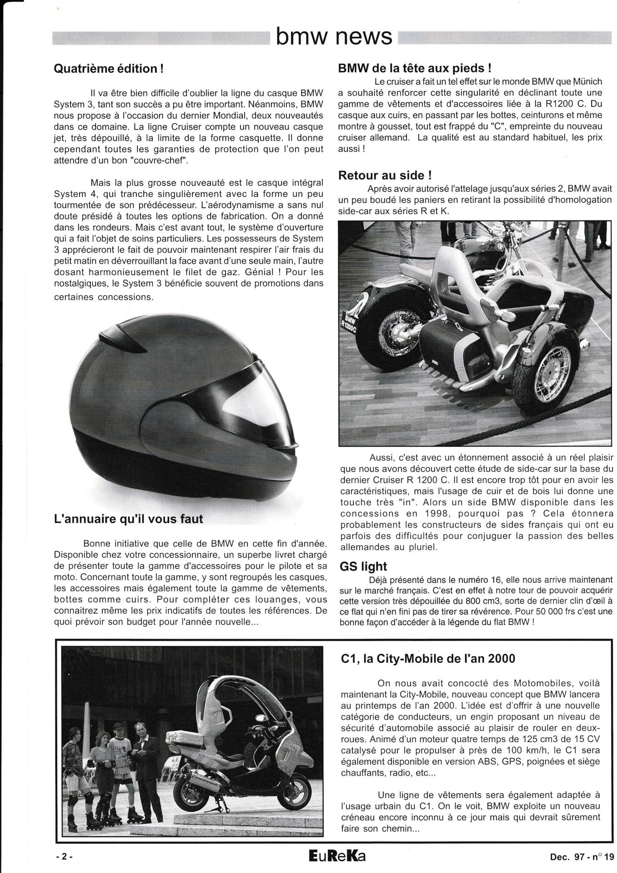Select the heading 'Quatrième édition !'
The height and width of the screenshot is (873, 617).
pos(109,69)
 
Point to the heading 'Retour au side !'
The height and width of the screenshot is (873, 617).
pos(385,175)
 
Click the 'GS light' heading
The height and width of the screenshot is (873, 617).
pos(363,567)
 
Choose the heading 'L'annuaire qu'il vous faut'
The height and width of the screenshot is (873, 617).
pos(128,518)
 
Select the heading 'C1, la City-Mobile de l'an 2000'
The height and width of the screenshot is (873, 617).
pos(427,658)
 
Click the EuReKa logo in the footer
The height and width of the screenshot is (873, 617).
pos(336,856)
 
